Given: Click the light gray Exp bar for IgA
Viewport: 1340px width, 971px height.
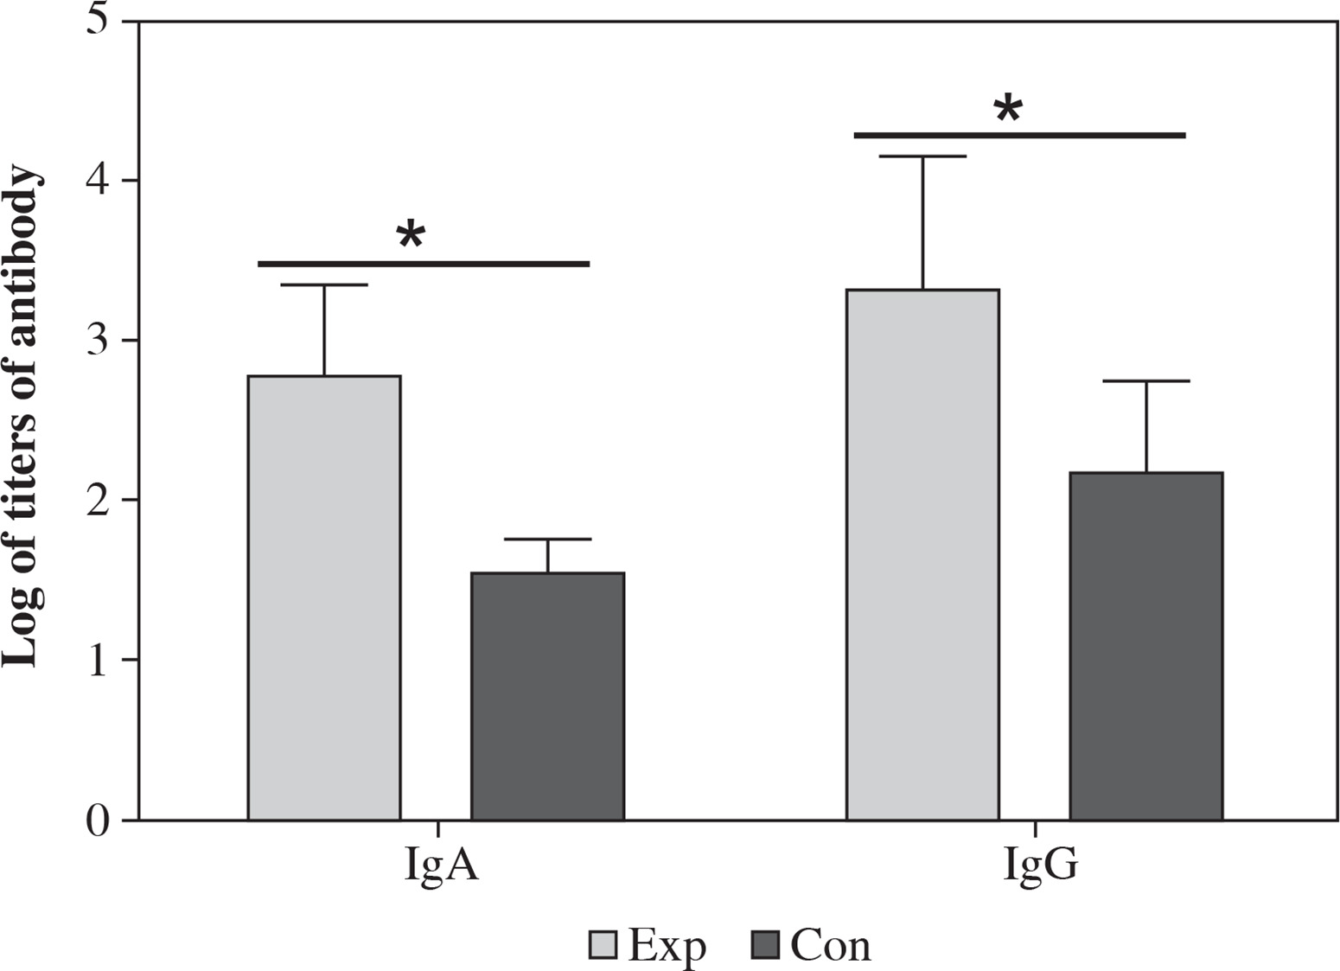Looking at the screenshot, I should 324,597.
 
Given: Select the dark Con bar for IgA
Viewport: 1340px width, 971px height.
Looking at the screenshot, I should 547,696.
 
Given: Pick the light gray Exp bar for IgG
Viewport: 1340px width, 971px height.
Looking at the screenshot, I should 922,553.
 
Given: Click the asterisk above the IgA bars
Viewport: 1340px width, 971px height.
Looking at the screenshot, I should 411,235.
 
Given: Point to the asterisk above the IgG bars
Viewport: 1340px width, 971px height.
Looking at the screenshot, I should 1008,110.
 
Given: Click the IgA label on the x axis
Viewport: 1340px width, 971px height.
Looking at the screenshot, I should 441,866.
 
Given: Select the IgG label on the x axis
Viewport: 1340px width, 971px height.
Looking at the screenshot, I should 1040,866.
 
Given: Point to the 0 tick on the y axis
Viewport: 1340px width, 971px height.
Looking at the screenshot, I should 100,820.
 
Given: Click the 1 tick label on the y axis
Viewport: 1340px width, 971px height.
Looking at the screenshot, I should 100,661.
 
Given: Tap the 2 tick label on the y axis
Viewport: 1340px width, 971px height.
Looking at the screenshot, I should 100,501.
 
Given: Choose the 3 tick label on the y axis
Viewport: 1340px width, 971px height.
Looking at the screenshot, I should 100,341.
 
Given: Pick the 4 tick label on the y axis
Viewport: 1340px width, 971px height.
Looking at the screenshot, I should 100,181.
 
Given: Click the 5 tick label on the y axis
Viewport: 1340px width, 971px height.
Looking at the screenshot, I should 100,21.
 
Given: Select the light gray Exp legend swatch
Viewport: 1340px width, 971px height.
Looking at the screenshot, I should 603,945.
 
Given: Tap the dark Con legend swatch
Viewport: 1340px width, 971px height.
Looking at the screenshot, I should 766,945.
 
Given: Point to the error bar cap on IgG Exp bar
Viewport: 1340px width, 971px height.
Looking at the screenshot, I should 922,157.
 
